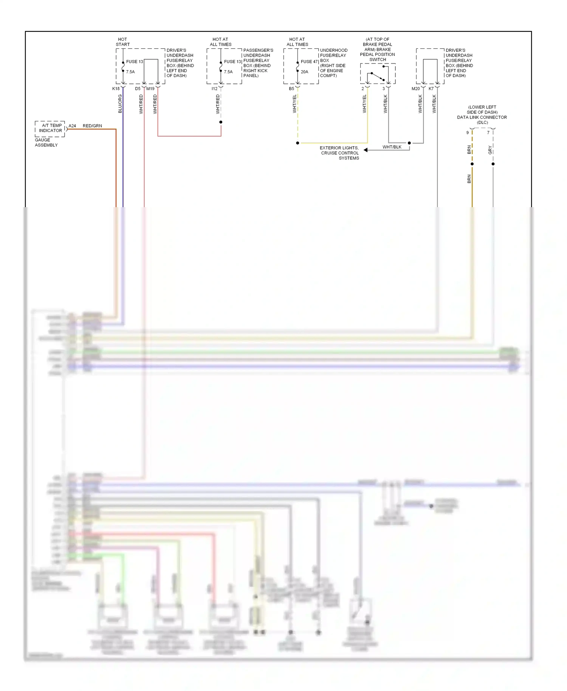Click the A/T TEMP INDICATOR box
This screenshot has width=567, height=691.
click(x=50, y=128)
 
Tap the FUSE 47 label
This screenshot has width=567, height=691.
click(x=309, y=62)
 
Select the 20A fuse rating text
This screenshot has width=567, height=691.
click(x=304, y=72)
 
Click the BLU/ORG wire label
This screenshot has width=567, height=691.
click(x=120, y=104)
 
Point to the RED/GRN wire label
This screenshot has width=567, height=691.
click(x=92, y=126)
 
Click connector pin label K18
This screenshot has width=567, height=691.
click(x=116, y=89)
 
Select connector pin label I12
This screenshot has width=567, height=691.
click(x=214, y=89)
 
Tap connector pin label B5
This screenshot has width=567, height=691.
click(x=291, y=89)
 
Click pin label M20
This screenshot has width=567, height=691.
click(x=415, y=89)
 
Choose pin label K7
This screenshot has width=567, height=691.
click(x=431, y=89)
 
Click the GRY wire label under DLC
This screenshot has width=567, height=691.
click(x=490, y=150)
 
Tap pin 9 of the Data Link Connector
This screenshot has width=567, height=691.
click(x=468, y=133)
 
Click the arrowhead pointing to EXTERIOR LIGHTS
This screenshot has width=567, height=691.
click(x=366, y=150)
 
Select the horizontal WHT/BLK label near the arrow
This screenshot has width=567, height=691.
click(x=392, y=147)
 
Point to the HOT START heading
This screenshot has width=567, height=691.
click(x=122, y=42)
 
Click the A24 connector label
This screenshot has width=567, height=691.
click(x=72, y=126)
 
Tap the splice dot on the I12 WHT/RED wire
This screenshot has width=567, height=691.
click(x=221, y=122)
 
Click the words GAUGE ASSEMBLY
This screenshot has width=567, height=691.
click(x=46, y=143)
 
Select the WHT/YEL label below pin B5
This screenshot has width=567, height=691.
click(x=294, y=104)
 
